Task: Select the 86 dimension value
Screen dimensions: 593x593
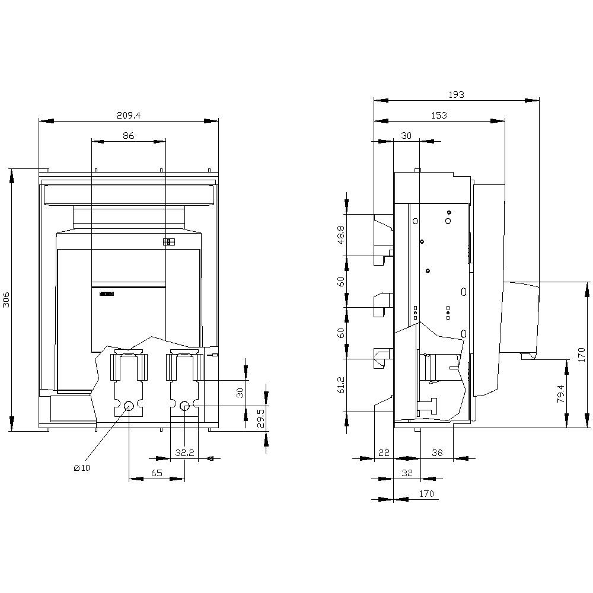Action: coord(128,136)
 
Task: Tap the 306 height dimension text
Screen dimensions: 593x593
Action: coord(7,299)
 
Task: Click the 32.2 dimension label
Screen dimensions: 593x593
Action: coord(184,452)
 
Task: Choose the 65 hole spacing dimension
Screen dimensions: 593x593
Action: coord(157,473)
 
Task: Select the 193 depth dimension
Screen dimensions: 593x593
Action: coord(456,95)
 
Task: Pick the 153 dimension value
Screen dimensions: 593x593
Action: coord(439,116)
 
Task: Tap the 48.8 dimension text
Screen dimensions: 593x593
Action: coord(342,234)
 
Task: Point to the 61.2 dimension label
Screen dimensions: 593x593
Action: coord(342,384)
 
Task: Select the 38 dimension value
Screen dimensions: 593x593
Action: coord(436,452)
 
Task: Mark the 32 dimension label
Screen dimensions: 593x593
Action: coord(406,473)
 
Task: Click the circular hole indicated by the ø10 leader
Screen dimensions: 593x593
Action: coord(129,406)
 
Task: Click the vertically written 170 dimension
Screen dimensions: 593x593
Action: coord(582,355)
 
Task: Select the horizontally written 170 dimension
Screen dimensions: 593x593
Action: coord(426,493)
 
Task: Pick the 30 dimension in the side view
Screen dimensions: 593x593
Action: coord(406,136)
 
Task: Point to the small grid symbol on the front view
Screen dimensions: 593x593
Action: coord(168,242)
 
